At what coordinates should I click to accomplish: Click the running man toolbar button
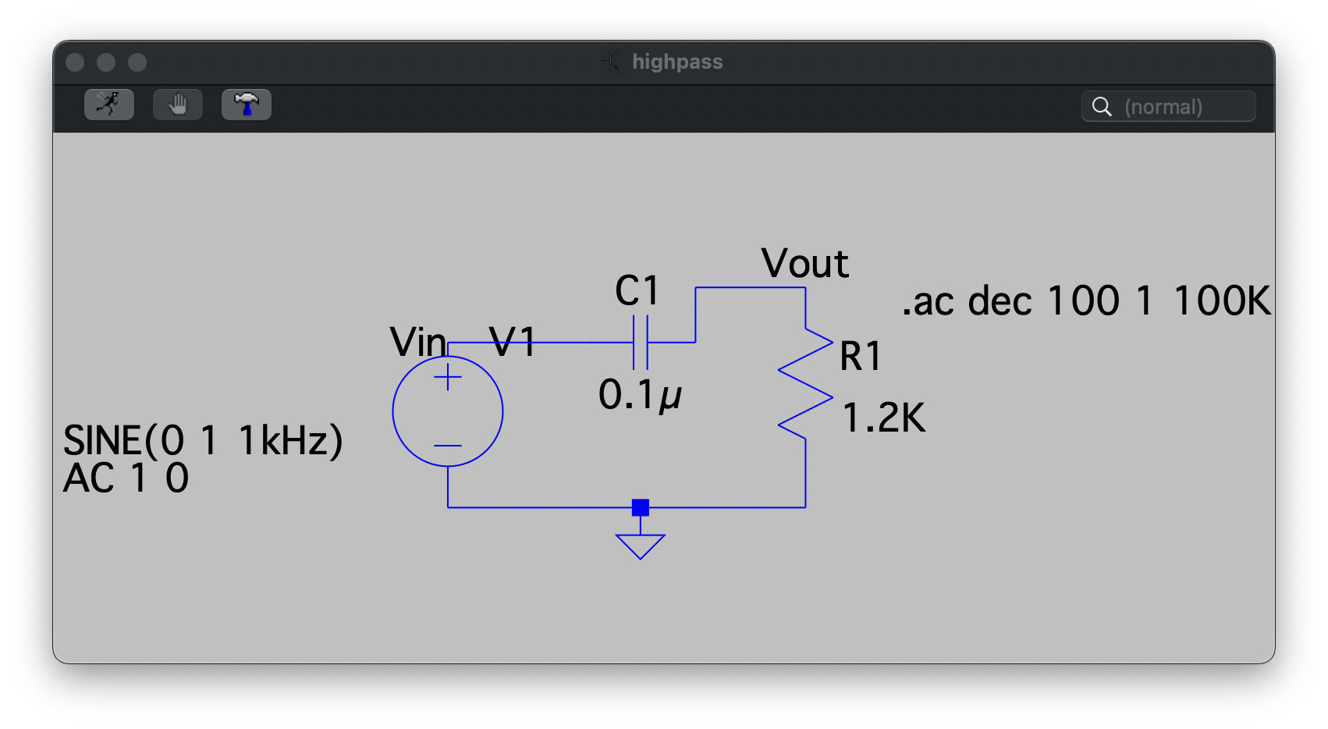coord(109,105)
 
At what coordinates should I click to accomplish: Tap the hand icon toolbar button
coord(178,105)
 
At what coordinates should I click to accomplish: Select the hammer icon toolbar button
coord(247,105)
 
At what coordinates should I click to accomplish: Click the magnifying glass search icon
coord(1103,107)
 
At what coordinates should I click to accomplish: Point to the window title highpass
coord(677,62)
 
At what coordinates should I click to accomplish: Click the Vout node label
coord(805,263)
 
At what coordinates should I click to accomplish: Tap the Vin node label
coord(417,343)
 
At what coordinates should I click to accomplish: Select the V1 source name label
coord(512,342)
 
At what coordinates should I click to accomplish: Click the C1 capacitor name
coord(637,290)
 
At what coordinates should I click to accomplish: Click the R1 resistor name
coord(861,356)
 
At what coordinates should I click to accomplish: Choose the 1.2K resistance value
coord(883,418)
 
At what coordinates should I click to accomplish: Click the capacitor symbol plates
coord(641,343)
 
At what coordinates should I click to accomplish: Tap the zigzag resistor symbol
coord(806,383)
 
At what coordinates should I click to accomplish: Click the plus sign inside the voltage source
coord(448,377)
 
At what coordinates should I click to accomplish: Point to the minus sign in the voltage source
coord(448,446)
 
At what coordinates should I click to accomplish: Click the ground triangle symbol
coord(641,546)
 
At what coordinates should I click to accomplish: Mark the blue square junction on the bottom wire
coord(641,508)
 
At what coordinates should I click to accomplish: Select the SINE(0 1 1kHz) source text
coord(203,441)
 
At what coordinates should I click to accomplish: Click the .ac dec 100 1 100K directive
coord(1086,300)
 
